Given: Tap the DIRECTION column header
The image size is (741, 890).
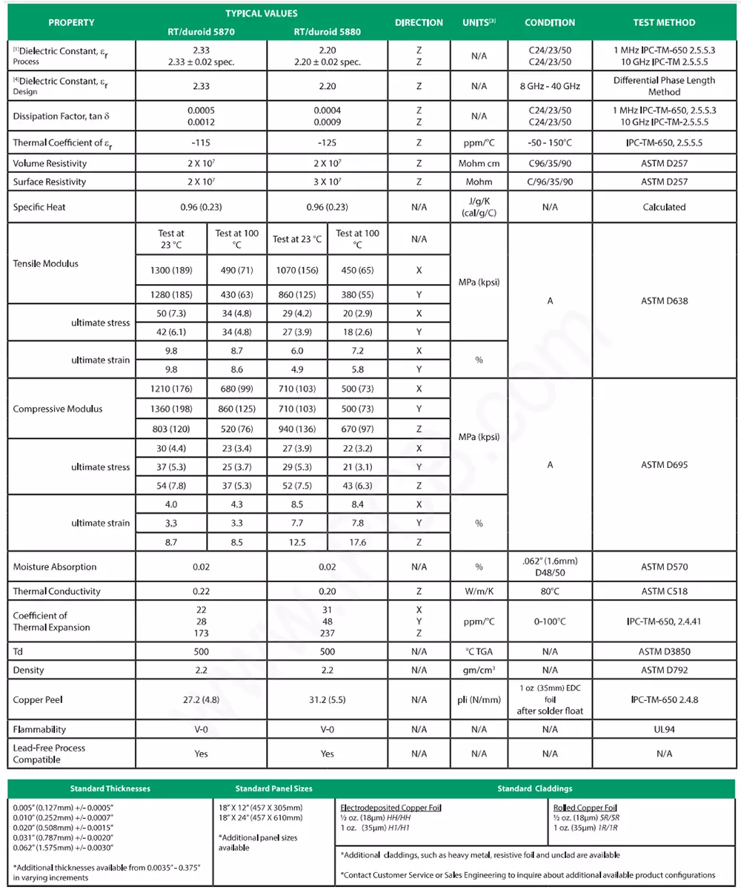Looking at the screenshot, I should (419, 22).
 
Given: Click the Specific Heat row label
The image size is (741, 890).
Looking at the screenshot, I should (39, 207).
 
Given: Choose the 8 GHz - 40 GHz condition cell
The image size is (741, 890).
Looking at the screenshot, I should (549, 86).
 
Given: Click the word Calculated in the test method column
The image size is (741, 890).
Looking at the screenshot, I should (664, 207).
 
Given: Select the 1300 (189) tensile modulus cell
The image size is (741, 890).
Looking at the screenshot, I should (170, 271).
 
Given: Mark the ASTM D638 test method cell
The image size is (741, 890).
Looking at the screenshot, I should (664, 302).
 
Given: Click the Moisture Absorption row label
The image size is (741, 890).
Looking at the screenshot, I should (55, 567).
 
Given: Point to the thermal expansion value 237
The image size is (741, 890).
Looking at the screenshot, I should (328, 633).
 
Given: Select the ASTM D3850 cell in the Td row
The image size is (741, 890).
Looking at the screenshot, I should (664, 651).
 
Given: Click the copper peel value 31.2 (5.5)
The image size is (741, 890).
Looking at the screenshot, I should (328, 699).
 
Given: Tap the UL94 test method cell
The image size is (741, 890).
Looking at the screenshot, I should (664, 729).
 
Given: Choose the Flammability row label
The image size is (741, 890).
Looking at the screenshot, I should (40, 729).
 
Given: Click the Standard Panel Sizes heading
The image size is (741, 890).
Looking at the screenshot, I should (273, 788).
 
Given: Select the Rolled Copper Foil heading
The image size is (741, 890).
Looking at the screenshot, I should (585, 807).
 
